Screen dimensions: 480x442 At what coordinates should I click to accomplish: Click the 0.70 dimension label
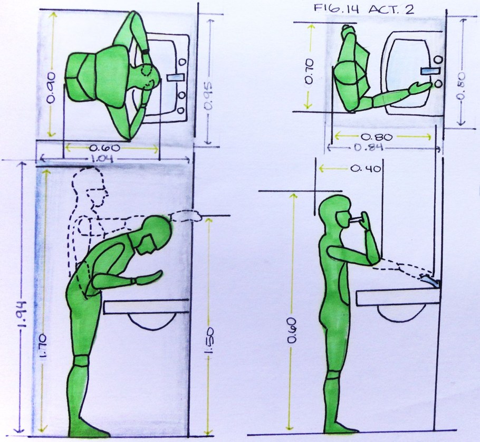tap(309, 71)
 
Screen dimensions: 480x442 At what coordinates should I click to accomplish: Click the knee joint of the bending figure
tap(81, 361)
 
